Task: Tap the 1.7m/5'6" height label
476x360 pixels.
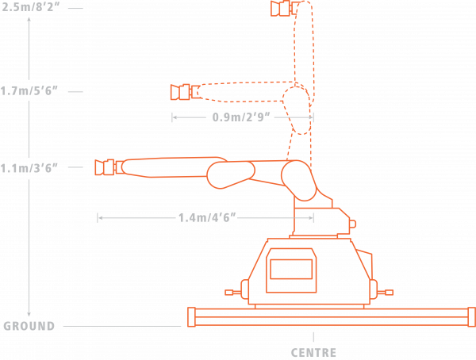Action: tap(29, 90)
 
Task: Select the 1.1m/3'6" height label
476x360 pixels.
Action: tap(29, 167)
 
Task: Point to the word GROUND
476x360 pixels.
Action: tap(29, 326)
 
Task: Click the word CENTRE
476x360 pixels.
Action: tap(313, 353)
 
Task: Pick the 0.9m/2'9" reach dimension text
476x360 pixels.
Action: tap(241, 117)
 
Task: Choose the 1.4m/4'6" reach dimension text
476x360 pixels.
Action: tap(207, 217)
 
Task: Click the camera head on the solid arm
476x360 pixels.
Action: tap(109, 167)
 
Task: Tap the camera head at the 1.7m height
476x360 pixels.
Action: tap(185, 92)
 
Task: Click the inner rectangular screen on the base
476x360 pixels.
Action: tap(291, 269)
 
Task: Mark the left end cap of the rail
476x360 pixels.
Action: tap(191, 317)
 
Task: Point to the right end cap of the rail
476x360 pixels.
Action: tap(472, 317)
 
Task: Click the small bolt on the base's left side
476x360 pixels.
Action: tap(232, 293)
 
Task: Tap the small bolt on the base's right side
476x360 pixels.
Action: tap(386, 293)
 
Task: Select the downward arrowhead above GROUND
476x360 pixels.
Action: tap(29, 314)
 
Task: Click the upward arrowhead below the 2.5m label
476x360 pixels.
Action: tap(29, 19)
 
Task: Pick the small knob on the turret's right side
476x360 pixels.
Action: tap(352, 224)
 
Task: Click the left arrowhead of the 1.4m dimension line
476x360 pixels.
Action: tap(101, 217)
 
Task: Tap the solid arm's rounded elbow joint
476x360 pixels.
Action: tap(231, 174)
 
